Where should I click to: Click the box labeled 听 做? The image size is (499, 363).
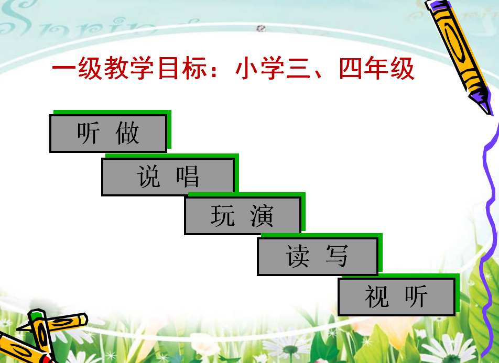click(108, 133)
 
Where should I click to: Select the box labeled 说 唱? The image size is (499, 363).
click(168, 177)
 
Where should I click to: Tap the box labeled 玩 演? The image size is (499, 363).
click(243, 216)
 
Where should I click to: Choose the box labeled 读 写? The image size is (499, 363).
click(318, 257)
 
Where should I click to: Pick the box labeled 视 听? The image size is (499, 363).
click(396, 297)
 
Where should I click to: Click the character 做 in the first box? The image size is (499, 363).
click(127, 133)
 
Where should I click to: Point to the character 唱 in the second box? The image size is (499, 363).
click(188, 176)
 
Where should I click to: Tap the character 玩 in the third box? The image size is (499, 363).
click(223, 216)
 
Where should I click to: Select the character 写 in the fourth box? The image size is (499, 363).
click(337, 256)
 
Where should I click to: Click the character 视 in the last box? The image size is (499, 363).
click(377, 296)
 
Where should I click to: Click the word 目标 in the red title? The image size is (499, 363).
click(182, 69)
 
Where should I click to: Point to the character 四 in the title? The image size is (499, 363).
click(351, 69)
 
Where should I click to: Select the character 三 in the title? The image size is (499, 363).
click(298, 69)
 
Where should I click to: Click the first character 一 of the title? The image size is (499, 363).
click(64, 68)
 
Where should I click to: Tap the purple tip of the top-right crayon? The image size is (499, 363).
click(484, 103)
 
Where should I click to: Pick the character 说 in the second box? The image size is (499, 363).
click(149, 176)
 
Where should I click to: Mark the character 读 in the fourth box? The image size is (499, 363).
click(298, 256)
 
